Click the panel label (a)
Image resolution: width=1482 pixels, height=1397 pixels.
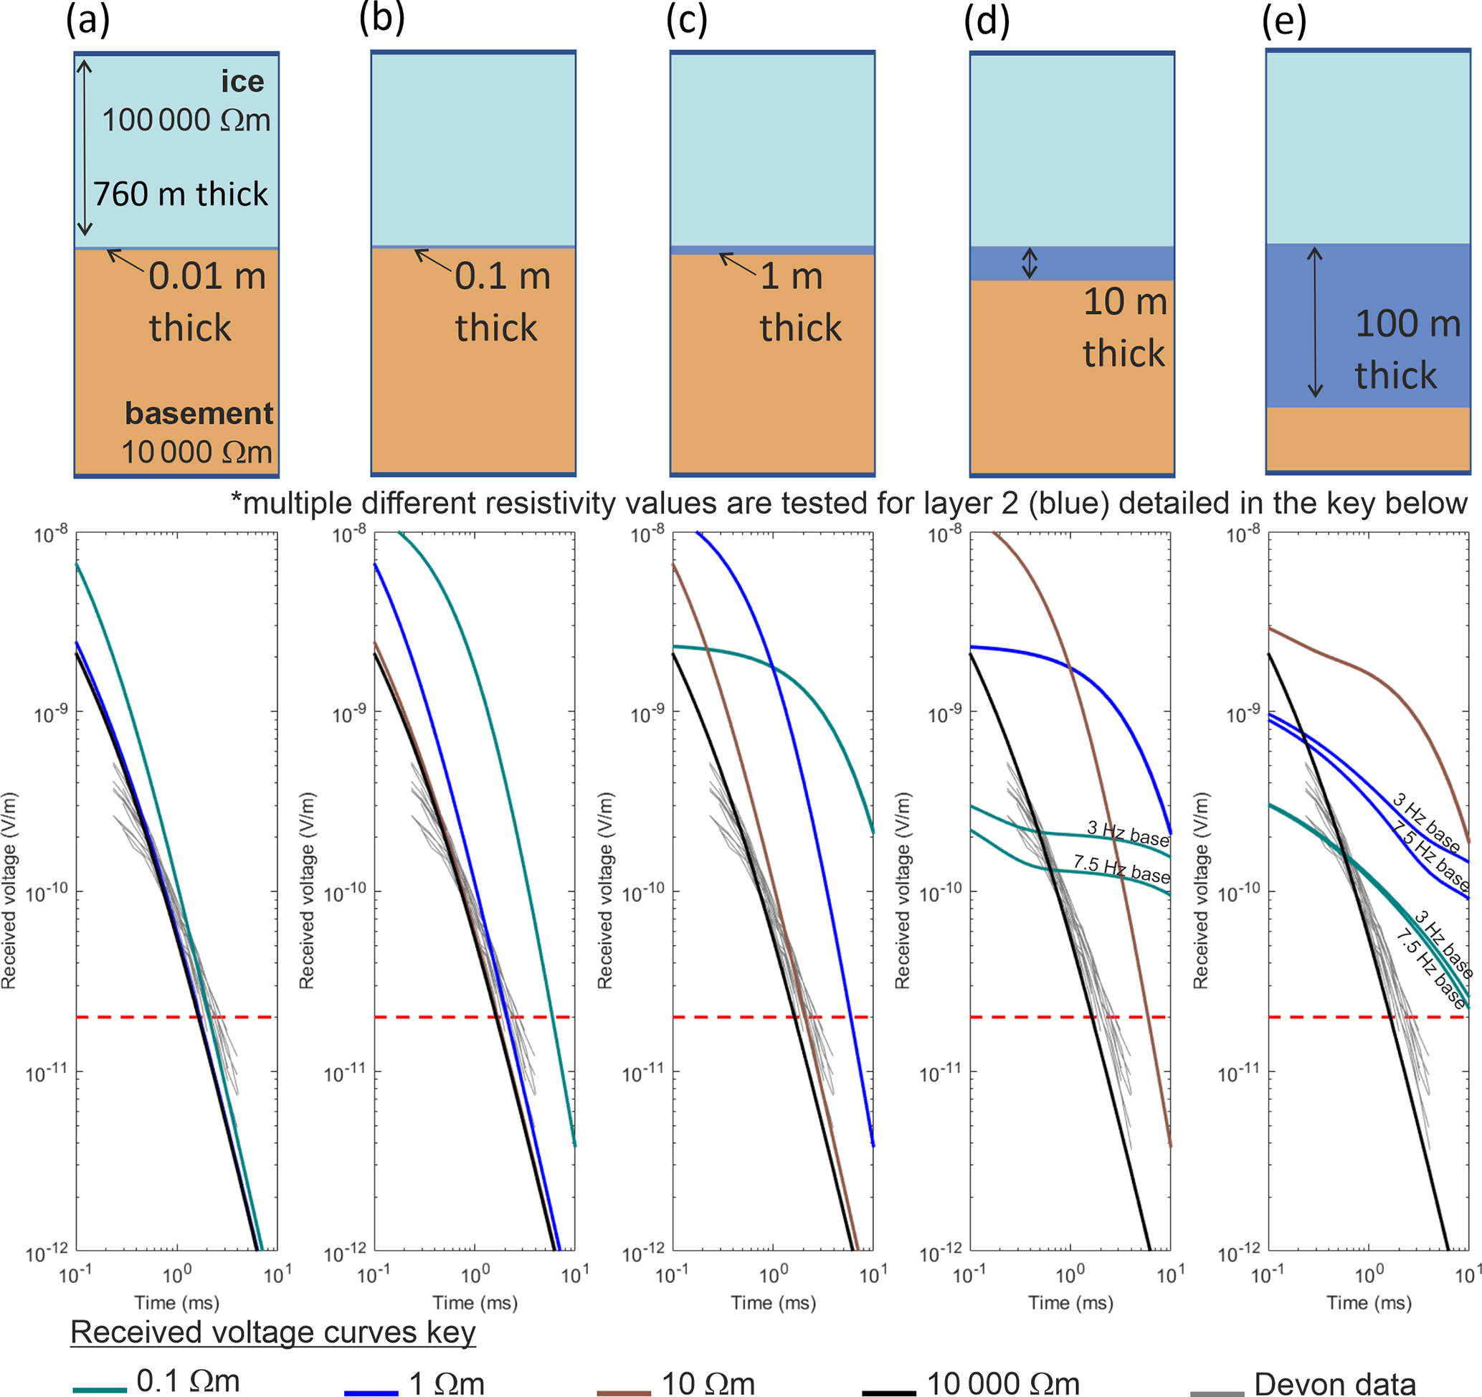[x=87, y=21]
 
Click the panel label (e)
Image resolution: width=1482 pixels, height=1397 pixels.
[x=1283, y=21]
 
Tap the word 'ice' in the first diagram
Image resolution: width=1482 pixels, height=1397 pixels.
[x=242, y=81]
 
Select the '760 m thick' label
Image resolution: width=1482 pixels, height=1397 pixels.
[x=181, y=194]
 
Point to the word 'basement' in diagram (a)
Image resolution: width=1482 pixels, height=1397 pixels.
[x=199, y=414]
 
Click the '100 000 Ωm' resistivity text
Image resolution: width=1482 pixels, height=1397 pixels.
[x=186, y=120]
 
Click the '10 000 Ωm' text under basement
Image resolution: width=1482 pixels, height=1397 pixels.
[x=196, y=453]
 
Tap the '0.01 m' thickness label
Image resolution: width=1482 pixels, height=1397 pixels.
[x=207, y=277]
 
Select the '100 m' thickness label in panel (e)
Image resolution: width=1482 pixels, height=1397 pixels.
[x=1407, y=324]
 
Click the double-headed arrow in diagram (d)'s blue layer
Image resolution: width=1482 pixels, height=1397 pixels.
[x=1030, y=263]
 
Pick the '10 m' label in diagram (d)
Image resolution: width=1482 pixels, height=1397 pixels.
[x=1125, y=302]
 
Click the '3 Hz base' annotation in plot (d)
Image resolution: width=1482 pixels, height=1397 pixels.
[x=1128, y=833]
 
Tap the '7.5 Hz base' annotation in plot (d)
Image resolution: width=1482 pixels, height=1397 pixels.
[x=1121, y=868]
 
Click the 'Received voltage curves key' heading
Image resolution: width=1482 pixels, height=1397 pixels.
[x=273, y=1332]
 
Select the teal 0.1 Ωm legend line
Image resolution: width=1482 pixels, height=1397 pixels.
[x=100, y=1390]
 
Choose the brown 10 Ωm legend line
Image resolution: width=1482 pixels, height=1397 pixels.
[x=624, y=1392]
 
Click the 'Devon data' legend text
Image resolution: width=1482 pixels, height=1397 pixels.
[x=1334, y=1383]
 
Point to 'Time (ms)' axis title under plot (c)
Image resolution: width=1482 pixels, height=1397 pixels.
[x=773, y=1302]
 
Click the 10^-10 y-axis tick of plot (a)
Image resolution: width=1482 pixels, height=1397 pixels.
[x=46, y=891]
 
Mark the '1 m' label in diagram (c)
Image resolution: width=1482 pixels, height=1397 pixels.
[x=792, y=277]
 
